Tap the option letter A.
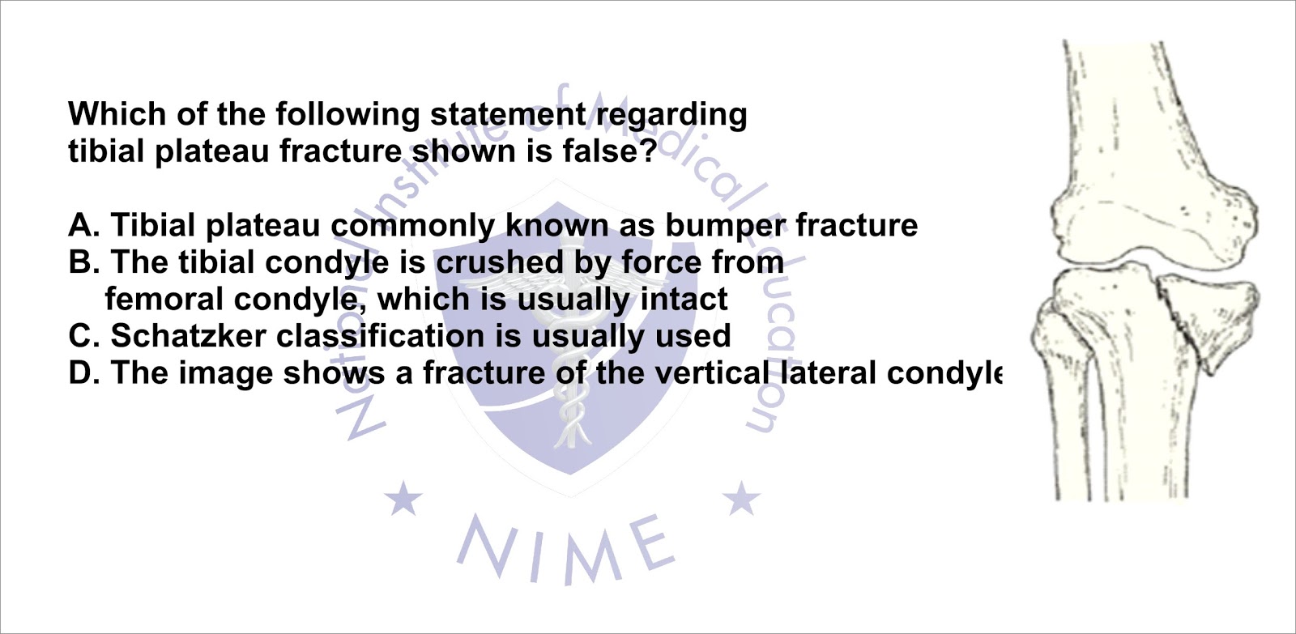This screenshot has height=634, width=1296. pyautogui.click(x=83, y=225)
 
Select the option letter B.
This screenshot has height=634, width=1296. pyautogui.click(x=83, y=262)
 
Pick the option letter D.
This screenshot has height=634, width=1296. pyautogui.click(x=83, y=372)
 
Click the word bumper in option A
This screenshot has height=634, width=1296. pyautogui.click(x=725, y=226)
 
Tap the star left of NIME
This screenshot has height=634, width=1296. pyautogui.click(x=403, y=497)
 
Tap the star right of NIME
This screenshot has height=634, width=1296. pyautogui.click(x=741, y=497)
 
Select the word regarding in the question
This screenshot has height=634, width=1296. pyautogui.click(x=671, y=115)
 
